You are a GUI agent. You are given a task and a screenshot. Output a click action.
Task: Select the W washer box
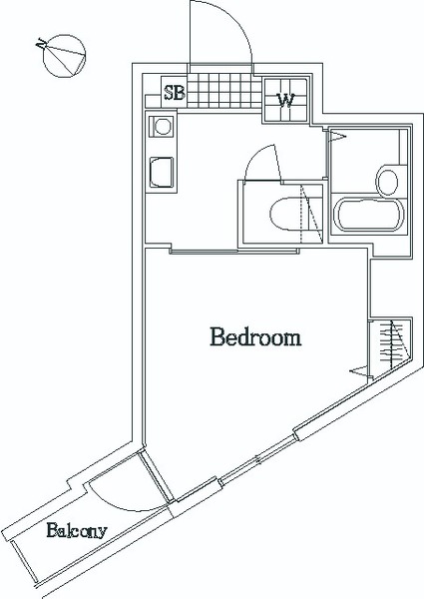285,100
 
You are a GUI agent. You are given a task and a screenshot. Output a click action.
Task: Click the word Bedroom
255,337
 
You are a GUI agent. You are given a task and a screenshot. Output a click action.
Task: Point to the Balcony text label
77,531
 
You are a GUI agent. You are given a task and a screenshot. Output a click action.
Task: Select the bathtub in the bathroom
368,215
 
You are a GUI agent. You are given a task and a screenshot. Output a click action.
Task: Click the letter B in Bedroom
216,337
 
